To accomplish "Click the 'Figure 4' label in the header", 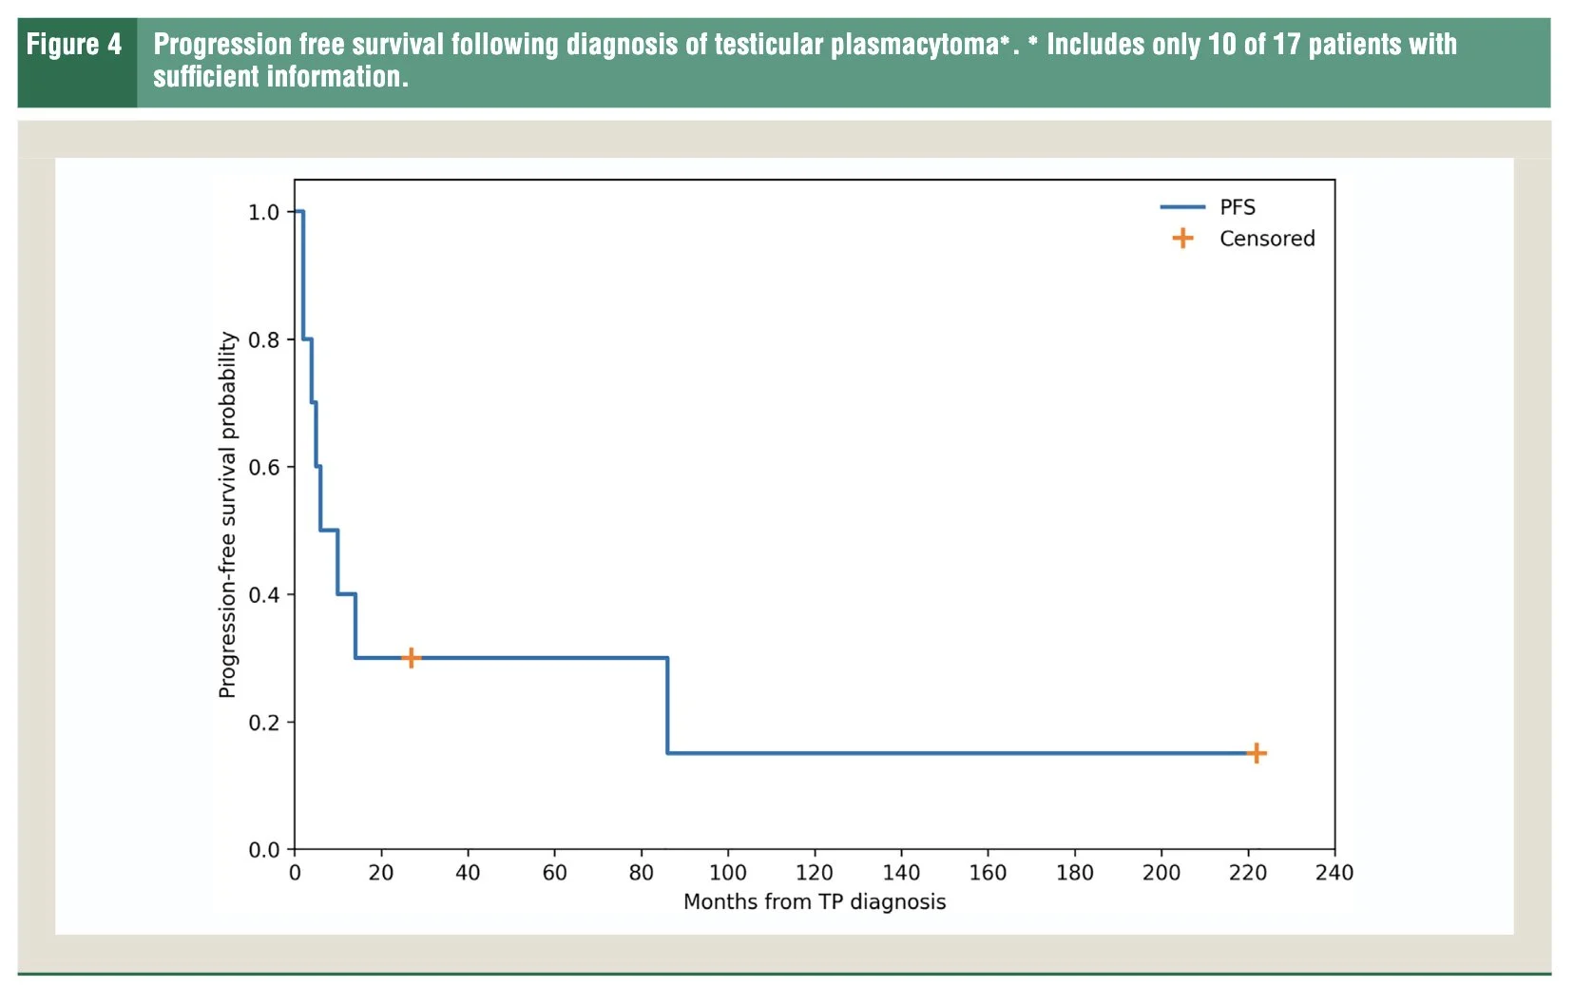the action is coord(74,45).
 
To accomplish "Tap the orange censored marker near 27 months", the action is coord(411,658).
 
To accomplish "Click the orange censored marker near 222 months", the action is coord(1257,754).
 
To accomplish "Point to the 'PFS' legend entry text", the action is coord(1238,207).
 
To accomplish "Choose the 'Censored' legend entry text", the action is coord(1267,239).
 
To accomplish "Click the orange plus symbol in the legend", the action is coord(1182,239).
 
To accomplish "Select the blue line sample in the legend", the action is coord(1182,207).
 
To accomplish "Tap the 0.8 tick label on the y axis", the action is coord(263,340).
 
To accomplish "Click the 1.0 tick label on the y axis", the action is coord(263,212).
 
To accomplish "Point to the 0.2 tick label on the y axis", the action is coord(263,723).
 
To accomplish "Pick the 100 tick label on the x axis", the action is coord(728,873).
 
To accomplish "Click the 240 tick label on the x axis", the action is coord(1334,873).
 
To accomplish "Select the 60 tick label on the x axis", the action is coord(554,873).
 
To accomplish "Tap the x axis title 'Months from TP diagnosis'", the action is coord(815,902).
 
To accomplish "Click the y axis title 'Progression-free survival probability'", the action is coord(228,514).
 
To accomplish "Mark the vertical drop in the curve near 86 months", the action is coord(667,706).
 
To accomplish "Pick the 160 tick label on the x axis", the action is coord(988,873).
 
